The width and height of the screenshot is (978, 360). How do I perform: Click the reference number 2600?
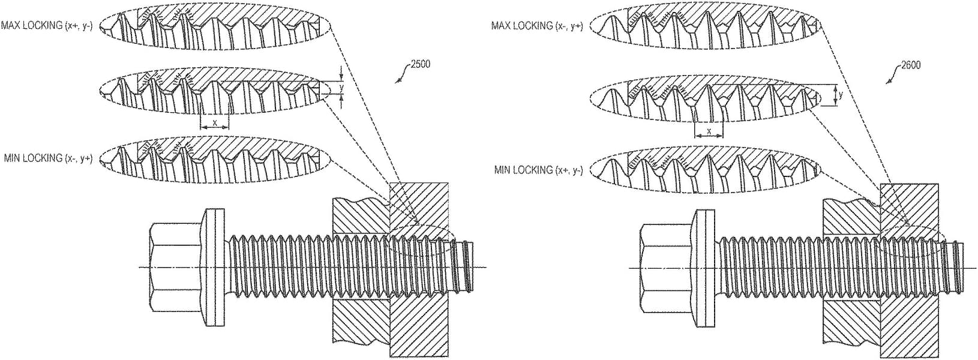point(910,65)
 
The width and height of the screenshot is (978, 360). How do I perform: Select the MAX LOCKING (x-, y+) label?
point(536,26)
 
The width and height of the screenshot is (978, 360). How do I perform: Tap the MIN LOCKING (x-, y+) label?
point(47,158)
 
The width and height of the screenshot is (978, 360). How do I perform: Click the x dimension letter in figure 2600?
point(709,131)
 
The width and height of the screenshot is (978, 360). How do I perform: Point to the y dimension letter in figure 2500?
point(341,88)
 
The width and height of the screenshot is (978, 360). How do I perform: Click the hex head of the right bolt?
point(666,266)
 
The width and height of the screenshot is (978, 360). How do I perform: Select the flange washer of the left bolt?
point(215,266)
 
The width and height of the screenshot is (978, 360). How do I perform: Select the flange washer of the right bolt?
point(706,266)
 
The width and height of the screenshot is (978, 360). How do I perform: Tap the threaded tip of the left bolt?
point(466,264)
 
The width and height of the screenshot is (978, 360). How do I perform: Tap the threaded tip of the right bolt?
point(955,264)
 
